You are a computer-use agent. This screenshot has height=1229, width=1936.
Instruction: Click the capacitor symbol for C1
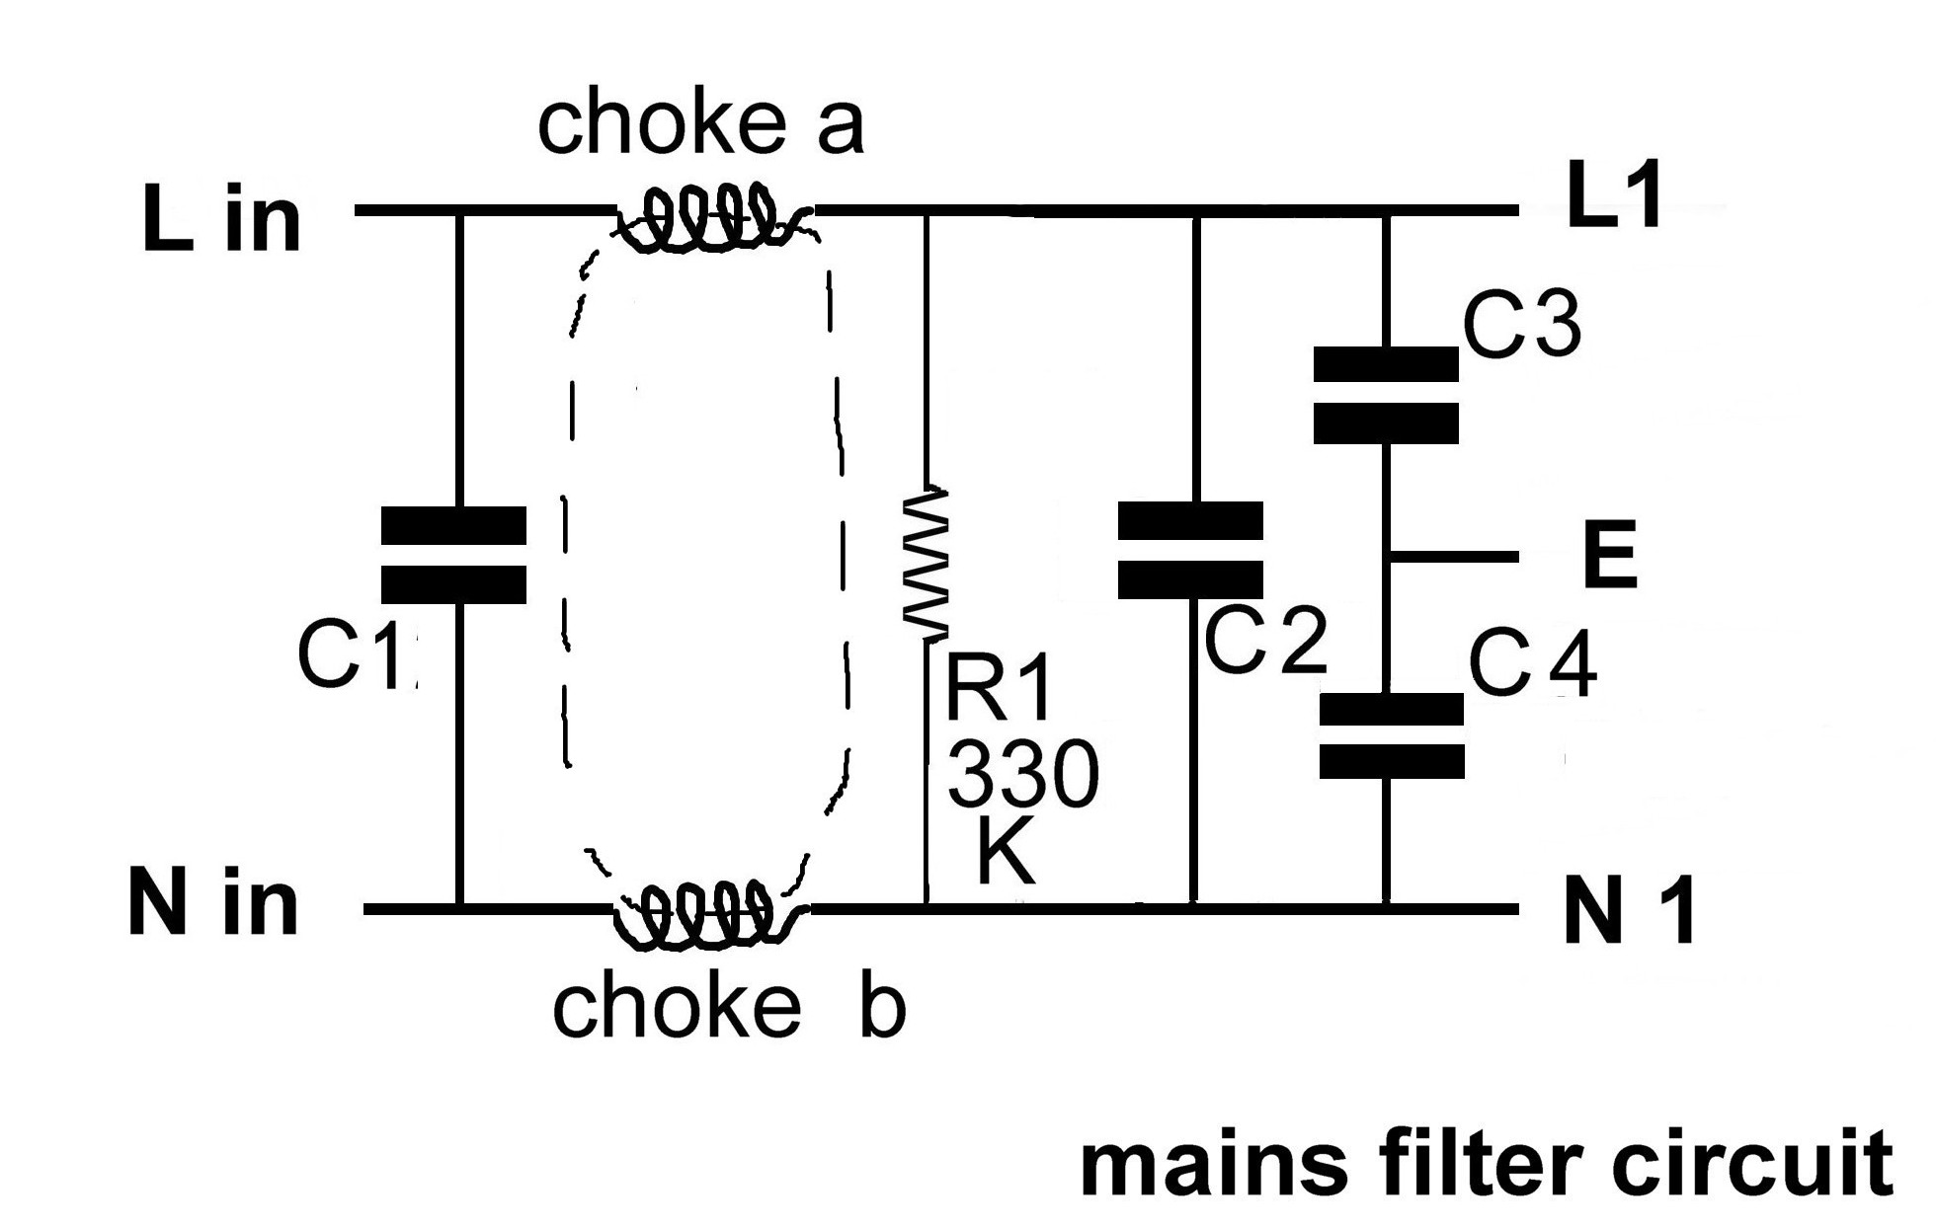coord(453,555)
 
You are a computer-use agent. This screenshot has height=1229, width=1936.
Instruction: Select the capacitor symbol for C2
coord(1190,550)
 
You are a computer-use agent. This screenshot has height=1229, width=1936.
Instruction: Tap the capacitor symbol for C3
coord(1386,394)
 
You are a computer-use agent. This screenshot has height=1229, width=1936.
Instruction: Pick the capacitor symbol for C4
coord(1392,735)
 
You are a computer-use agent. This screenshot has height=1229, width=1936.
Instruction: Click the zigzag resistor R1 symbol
coord(927,560)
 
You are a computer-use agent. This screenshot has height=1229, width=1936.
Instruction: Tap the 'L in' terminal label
coord(221,219)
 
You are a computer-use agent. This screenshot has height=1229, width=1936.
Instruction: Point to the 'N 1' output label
coord(1629,913)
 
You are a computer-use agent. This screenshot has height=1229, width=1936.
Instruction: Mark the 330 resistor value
coord(1023,775)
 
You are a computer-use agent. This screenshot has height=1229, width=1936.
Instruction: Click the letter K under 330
coord(1005,854)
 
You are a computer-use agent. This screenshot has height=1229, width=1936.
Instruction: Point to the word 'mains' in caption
coord(1213,1166)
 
